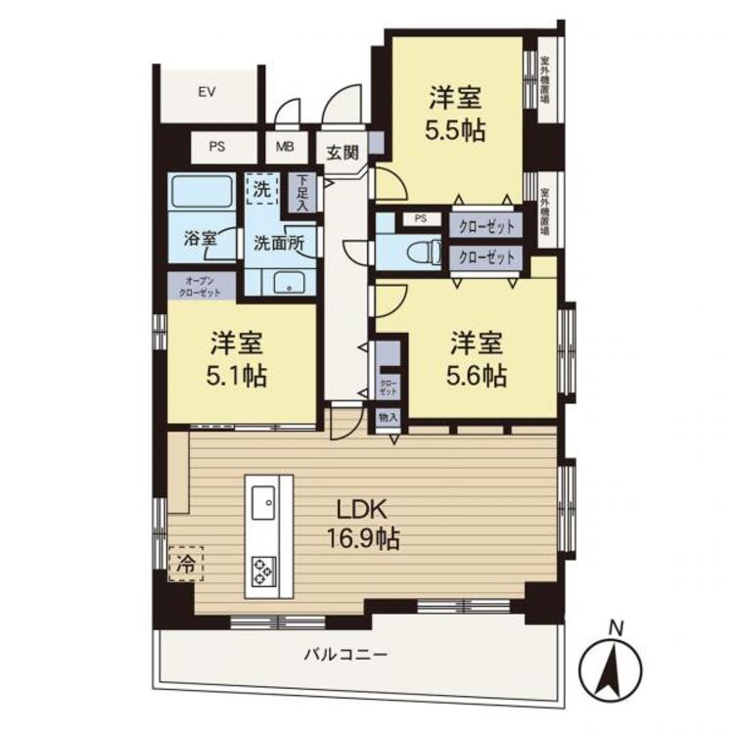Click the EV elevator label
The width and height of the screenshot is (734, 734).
point(206,93)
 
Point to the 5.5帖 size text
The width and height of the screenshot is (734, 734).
point(457,130)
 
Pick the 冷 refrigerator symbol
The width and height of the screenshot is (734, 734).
point(185,564)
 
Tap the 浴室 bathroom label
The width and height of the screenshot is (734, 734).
point(200,238)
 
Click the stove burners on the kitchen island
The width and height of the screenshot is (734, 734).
point(264,569)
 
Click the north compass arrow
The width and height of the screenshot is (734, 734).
point(615,668)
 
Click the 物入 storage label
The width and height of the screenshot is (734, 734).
point(389,417)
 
